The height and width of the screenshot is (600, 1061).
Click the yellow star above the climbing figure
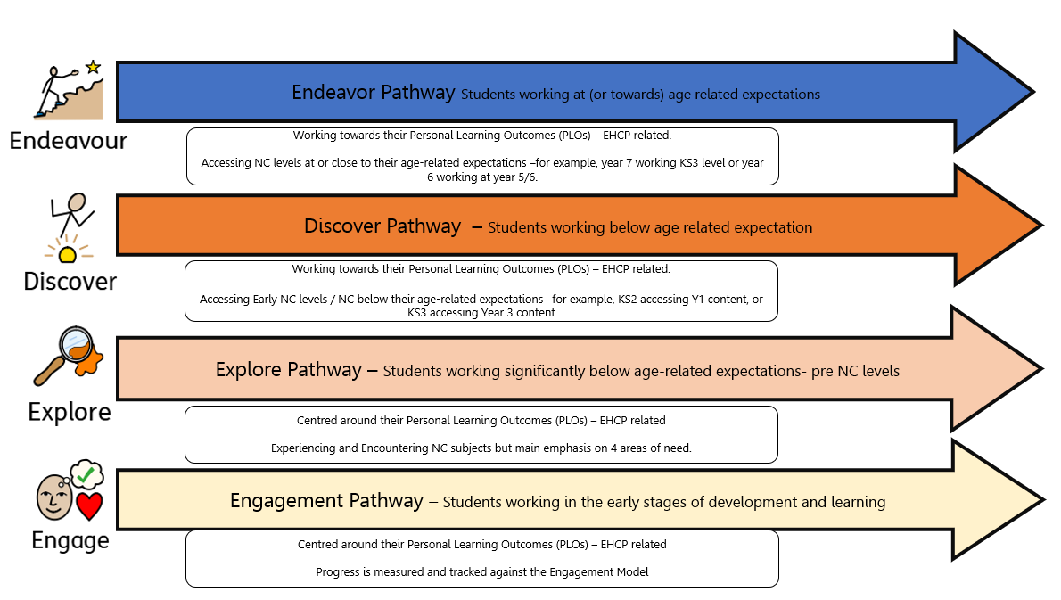[93, 67]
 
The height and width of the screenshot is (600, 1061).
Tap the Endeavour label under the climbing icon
[69, 141]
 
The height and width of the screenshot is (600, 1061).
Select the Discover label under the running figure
[70, 282]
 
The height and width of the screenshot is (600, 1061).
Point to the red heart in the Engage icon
[88, 505]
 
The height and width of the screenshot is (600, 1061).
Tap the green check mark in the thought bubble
[86, 475]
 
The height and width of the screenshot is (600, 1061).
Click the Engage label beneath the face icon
[70, 541]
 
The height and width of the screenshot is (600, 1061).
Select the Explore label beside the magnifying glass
[70, 412]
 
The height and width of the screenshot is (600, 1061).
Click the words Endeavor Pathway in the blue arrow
[374, 93]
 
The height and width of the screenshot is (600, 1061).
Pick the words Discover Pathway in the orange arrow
[382, 226]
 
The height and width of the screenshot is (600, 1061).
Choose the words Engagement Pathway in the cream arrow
[326, 501]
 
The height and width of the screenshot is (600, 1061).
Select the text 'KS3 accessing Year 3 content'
[481, 313]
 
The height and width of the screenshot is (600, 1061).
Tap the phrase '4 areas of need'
[648, 448]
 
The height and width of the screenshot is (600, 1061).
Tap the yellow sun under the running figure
[66, 255]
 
